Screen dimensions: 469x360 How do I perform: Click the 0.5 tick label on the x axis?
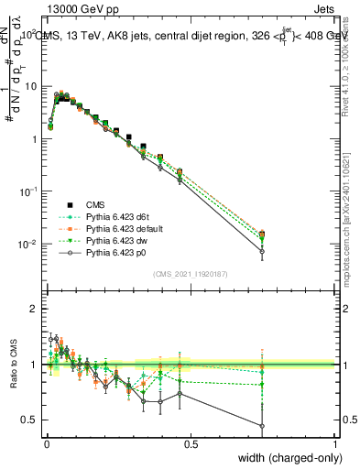pos(191,444)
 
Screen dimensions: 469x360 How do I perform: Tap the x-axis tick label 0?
pos(47,444)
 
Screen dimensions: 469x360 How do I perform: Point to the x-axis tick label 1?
pos(335,444)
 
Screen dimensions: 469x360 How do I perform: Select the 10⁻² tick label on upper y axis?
pos(30,245)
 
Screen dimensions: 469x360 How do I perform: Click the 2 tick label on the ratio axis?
pos(37,310)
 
